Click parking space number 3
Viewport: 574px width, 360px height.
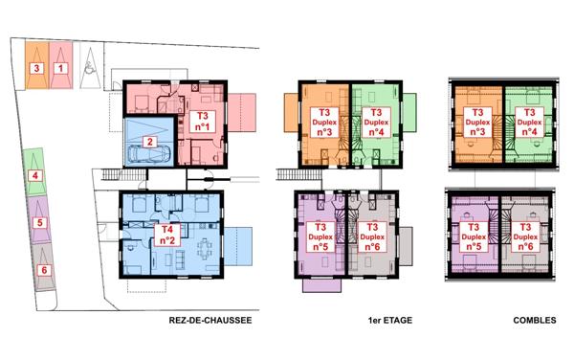click(x=36, y=67)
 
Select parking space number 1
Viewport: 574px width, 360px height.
click(x=59, y=67)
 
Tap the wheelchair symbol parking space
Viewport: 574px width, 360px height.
click(x=85, y=66)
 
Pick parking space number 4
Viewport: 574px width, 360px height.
click(x=35, y=175)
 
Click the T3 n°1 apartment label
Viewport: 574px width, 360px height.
click(x=202, y=121)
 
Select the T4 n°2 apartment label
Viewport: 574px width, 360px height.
click(x=165, y=235)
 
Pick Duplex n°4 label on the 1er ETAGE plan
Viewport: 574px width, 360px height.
click(x=375, y=123)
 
